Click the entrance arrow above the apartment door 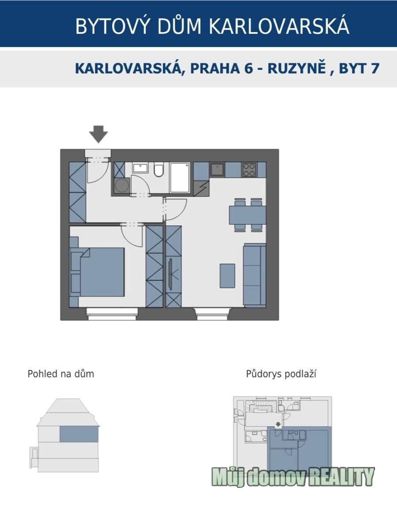click(98, 134)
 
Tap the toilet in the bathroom click(158, 170)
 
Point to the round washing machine click(121, 186)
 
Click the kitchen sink click(218, 170)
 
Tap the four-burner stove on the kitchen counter click(249, 170)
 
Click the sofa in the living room click(255, 275)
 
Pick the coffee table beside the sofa click(227, 276)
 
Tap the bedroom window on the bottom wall click(112, 314)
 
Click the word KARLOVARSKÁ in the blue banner click(279, 26)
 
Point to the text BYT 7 click(359, 68)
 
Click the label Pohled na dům click(61, 374)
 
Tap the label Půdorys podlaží click(281, 374)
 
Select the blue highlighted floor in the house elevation click(79, 434)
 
